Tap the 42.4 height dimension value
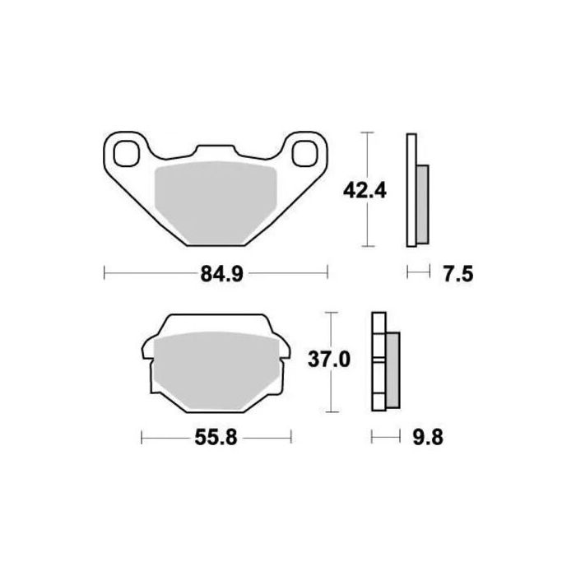(x=365, y=190)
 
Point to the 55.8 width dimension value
(x=218, y=439)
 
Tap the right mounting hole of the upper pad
(x=305, y=153)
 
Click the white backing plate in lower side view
(x=379, y=362)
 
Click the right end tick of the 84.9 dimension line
(x=328, y=273)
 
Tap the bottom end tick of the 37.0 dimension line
(x=330, y=411)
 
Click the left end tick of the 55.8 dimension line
(x=142, y=438)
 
